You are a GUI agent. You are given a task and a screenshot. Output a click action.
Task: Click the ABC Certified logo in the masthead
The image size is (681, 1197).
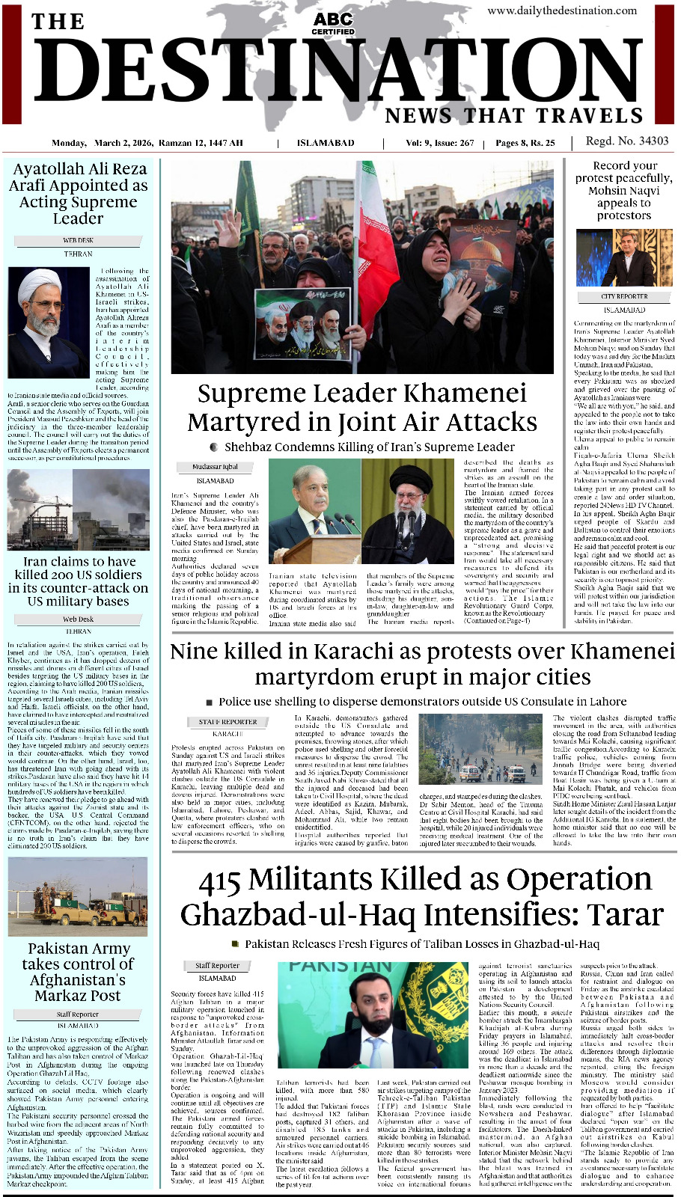coord(333,23)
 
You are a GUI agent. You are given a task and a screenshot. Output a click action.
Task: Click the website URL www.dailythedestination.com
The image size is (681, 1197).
coord(572,10)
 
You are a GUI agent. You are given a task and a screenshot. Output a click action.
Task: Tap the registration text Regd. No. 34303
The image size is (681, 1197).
coord(627,141)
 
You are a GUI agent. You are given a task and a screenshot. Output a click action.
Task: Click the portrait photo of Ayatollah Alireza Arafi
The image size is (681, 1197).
coord(48,322)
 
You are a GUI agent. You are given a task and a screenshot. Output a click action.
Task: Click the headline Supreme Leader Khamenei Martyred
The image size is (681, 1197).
coord(362,408)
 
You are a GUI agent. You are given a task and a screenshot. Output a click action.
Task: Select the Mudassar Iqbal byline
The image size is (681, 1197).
coord(215,467)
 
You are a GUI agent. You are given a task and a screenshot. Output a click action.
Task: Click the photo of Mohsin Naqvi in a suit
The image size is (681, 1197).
coord(625,258)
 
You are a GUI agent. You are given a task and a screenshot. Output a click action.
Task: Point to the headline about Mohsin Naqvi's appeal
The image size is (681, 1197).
coord(623,190)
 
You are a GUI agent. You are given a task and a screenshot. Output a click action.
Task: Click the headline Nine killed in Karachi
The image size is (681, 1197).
coord(422,664)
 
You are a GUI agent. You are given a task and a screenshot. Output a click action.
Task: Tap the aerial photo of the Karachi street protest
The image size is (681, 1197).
coord(482,749)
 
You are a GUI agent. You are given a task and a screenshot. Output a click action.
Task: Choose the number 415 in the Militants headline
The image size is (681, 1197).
coord(219,881)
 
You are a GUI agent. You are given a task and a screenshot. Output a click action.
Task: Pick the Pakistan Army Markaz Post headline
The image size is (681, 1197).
coord(78,972)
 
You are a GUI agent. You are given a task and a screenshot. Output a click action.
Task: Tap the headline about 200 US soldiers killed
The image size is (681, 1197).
coord(78,581)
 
